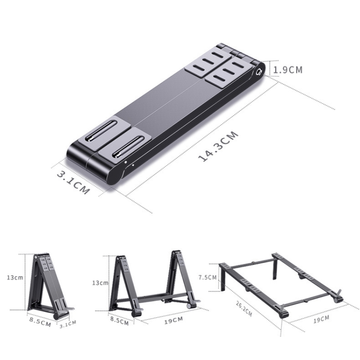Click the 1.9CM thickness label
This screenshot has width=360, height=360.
[288, 69]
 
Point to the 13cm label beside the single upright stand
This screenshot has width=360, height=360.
[14, 277]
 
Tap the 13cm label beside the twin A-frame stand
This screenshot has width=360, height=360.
[100, 283]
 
